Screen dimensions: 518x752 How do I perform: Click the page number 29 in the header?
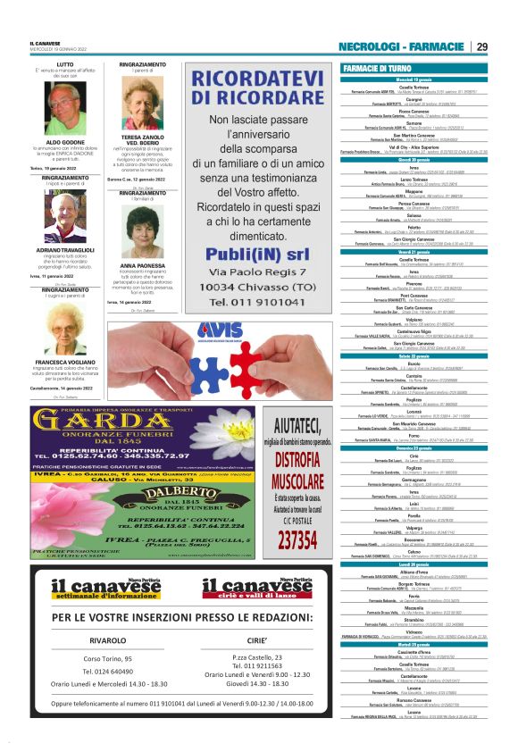[482, 46]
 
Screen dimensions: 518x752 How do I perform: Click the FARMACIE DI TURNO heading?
[378, 68]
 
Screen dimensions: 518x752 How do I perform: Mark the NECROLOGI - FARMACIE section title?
[402, 46]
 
